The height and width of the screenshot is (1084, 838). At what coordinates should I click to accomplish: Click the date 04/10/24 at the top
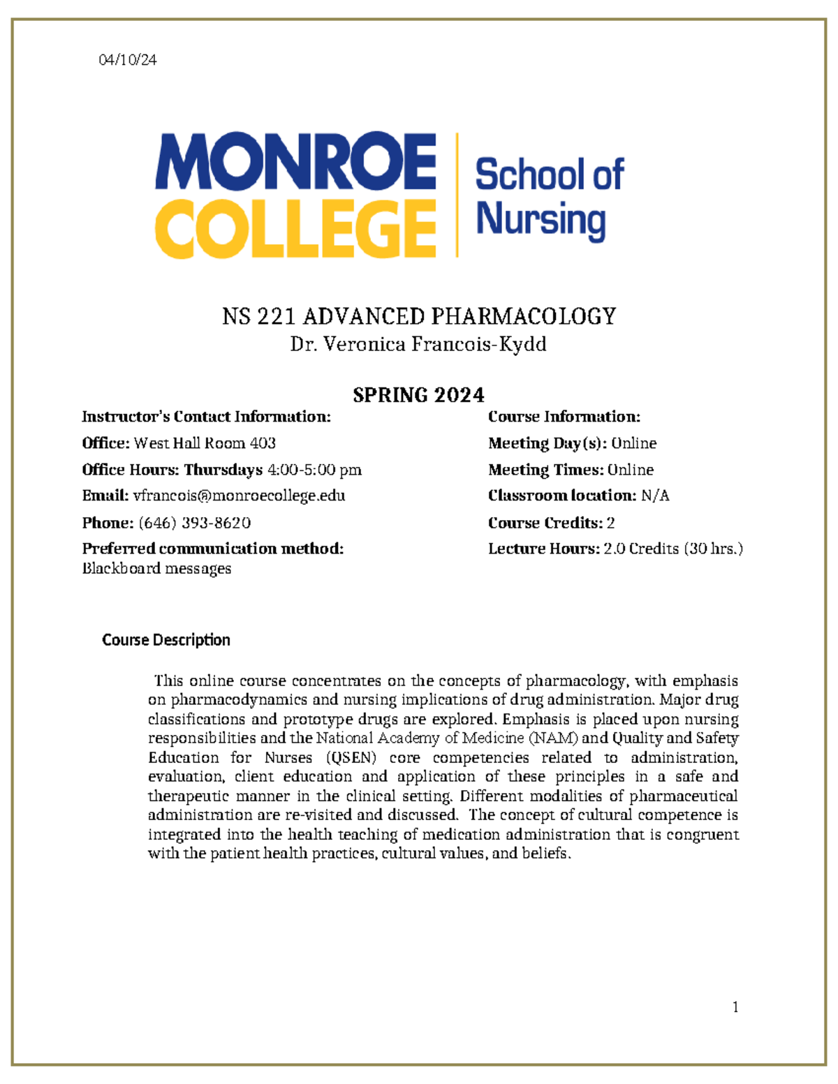pyautogui.click(x=128, y=60)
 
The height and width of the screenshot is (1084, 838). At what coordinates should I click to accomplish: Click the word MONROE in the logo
pyautogui.click(x=296, y=161)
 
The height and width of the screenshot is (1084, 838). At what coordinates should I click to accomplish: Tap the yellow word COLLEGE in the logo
pyautogui.click(x=296, y=228)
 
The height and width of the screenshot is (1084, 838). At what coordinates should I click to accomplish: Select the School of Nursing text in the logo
pyautogui.click(x=549, y=197)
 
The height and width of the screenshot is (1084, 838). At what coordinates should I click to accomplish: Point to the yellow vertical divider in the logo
pyautogui.click(x=457, y=195)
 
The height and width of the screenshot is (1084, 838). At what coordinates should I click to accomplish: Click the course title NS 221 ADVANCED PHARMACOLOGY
pyautogui.click(x=419, y=316)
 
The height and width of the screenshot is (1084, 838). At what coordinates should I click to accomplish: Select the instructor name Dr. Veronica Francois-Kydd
pyautogui.click(x=418, y=344)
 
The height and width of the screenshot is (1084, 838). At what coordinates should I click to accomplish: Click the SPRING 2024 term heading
pyautogui.click(x=418, y=395)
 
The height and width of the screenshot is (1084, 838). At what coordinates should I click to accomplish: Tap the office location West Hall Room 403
pyautogui.click(x=205, y=443)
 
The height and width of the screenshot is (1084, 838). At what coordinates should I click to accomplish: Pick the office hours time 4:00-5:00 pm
pyautogui.click(x=315, y=470)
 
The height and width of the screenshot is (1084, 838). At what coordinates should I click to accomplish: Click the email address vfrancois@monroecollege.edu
pyautogui.click(x=239, y=496)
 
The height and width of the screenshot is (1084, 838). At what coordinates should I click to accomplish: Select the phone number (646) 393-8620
pyautogui.click(x=195, y=523)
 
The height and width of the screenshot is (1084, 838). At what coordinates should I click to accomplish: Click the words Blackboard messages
pyautogui.click(x=156, y=568)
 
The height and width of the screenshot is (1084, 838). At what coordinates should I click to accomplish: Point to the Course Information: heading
pyautogui.click(x=564, y=417)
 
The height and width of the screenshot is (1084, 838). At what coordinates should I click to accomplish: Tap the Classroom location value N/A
pyautogui.click(x=655, y=496)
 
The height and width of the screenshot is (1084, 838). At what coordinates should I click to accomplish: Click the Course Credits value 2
pyautogui.click(x=610, y=523)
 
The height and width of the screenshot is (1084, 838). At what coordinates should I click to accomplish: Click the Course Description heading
pyautogui.click(x=166, y=640)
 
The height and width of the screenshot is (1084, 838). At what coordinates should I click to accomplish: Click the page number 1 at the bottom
pyautogui.click(x=735, y=1007)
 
